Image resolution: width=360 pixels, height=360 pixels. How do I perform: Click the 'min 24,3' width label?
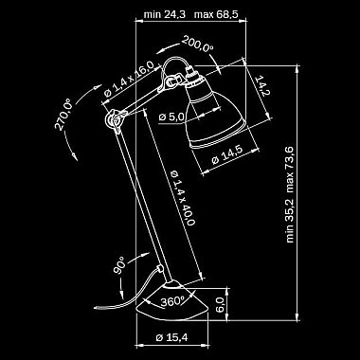[x=165, y=14]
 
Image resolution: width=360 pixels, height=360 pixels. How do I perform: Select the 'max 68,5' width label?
[x=216, y=14]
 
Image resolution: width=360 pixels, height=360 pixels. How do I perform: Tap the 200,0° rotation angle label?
[x=198, y=44]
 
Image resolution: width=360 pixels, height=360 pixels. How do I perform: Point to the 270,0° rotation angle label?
[x=63, y=114]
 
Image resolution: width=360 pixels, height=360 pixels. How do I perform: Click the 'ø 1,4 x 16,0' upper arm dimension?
[x=129, y=79]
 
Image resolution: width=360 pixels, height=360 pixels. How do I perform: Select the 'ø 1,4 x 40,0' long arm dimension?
[x=182, y=198]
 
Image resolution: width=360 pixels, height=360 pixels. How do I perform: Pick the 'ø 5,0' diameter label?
[x=171, y=117]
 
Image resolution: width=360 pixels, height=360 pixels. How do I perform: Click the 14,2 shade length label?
[x=261, y=85]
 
